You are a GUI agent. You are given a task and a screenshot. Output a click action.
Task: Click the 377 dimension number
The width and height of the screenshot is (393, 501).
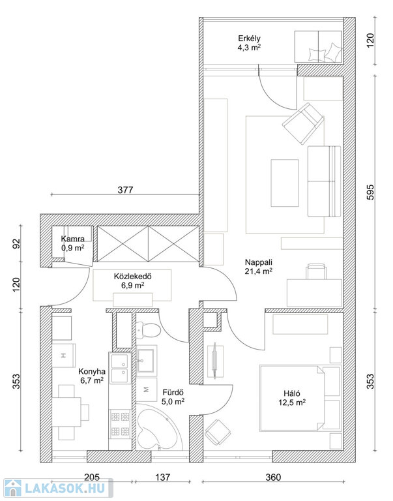coord(125,190)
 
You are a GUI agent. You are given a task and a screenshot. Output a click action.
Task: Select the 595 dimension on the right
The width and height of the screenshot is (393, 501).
coord(370,192)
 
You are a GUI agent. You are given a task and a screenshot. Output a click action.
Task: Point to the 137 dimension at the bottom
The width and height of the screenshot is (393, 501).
coord(163,478)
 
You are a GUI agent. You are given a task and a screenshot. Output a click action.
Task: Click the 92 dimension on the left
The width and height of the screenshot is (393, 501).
coord(16,244)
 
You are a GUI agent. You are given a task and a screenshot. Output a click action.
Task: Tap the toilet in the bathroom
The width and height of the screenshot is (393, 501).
coord(148,331)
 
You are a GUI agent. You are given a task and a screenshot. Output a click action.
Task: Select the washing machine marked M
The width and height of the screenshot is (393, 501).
coord(147,390)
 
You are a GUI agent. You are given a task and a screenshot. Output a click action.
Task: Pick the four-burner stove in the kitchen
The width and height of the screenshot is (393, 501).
coord(121,423)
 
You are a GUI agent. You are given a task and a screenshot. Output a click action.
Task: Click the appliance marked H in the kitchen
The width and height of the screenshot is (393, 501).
coord(63,356)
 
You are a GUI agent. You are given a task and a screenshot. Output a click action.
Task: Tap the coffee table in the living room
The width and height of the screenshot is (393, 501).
coord(285,183)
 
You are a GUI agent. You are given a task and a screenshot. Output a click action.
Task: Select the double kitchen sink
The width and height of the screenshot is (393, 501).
coord(120,369)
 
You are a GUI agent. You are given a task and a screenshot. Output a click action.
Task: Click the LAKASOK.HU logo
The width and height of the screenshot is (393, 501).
coord(58,489)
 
